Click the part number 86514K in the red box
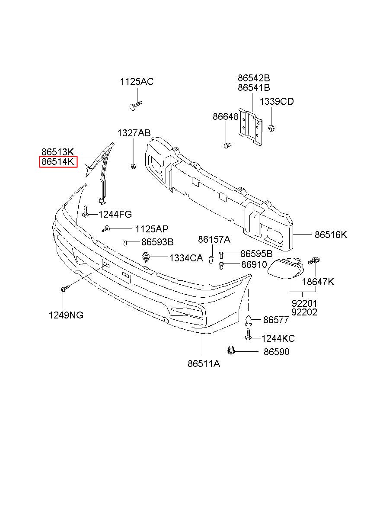[x=58, y=162]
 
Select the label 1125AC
[x=137, y=82]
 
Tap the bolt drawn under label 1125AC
[x=136, y=106]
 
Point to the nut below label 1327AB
[x=133, y=167]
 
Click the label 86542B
[x=254, y=77]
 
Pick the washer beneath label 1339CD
[x=271, y=129]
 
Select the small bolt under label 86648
[x=227, y=145]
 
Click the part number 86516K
[x=331, y=235]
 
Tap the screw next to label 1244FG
[x=85, y=212]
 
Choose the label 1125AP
[x=152, y=229]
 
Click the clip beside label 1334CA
[x=146, y=257]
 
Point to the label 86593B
[x=157, y=242]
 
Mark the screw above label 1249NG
[x=65, y=288]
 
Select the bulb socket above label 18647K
[x=313, y=260]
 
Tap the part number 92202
[x=304, y=312]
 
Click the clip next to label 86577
[x=248, y=320]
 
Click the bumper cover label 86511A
[x=204, y=363]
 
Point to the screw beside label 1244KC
[x=248, y=334]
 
